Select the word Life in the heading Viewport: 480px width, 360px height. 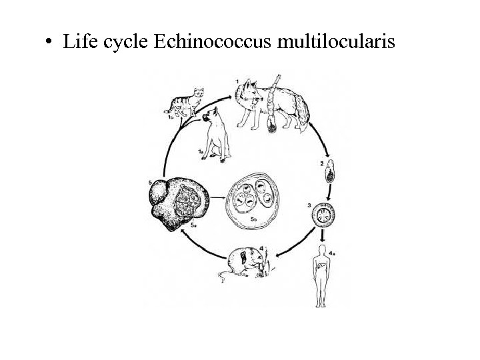coord(79,42)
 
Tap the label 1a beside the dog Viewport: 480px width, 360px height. coord(200,153)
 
